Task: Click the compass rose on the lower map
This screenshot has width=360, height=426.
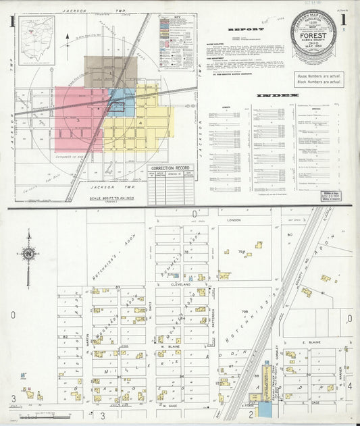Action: click(x=28, y=254)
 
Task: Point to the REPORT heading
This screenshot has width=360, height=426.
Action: click(x=241, y=30)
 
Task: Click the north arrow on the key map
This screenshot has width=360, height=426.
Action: click(x=68, y=43)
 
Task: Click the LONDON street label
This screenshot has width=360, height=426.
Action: click(x=234, y=220)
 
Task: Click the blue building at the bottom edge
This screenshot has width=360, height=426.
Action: click(x=265, y=409)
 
